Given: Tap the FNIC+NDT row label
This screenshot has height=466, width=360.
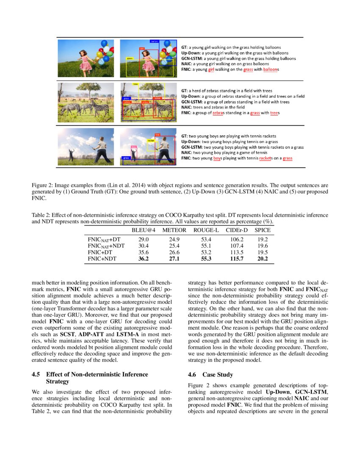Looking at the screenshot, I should coord(102,259).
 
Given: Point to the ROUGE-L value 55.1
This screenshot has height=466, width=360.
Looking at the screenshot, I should coord(206,246).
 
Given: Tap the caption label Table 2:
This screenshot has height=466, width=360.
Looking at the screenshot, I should coord(42,215).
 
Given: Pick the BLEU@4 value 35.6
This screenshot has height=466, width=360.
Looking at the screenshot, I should coord(144,252).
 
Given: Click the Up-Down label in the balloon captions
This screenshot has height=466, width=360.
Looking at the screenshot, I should coord(190,53).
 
